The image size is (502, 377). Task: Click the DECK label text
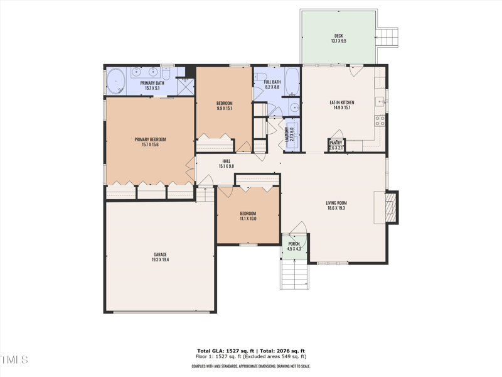coord(339,35)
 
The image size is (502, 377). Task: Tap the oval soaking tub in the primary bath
coord(115,81)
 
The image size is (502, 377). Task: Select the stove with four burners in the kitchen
coord(379,119)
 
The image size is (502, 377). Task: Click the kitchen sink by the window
coord(380,101)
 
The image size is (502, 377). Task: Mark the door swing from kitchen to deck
coord(356,71)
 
